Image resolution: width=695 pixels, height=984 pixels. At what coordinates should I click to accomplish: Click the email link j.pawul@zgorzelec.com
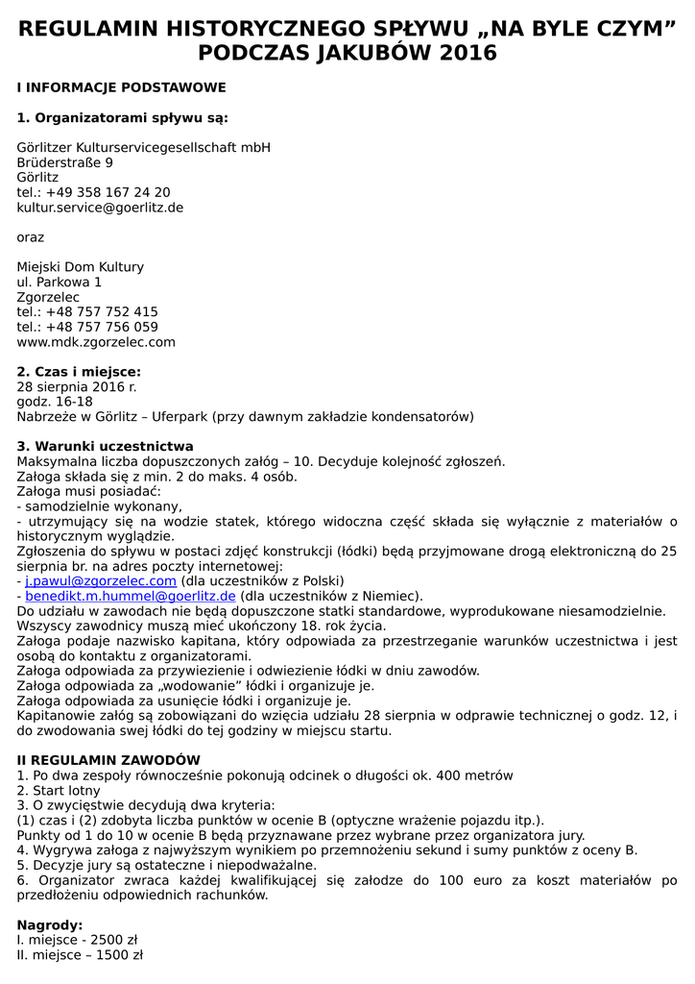click(x=101, y=581)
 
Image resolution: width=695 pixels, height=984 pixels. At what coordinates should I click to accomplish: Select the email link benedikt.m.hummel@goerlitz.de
click(x=131, y=597)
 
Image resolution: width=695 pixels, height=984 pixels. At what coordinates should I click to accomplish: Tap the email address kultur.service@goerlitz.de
click(x=100, y=208)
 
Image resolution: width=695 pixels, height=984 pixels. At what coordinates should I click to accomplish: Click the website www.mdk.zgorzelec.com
click(x=96, y=342)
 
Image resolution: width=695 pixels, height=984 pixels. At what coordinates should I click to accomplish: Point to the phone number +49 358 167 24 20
click(x=108, y=192)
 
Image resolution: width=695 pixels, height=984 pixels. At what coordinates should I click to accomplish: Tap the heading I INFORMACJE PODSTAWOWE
click(x=121, y=87)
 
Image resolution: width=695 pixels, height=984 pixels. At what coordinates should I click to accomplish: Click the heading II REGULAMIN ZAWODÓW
click(x=108, y=760)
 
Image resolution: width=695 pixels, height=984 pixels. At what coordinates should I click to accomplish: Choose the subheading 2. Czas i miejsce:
click(x=79, y=372)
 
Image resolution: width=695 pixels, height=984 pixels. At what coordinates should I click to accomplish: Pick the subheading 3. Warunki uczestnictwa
click(x=106, y=447)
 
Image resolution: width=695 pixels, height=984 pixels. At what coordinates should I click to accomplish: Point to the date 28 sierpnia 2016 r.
click(x=77, y=386)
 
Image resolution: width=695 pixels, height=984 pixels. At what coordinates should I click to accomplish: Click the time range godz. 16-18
click(x=55, y=402)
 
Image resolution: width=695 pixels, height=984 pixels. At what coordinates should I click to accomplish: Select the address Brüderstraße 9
click(x=64, y=162)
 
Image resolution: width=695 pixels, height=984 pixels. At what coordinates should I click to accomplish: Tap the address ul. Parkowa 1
click(x=60, y=283)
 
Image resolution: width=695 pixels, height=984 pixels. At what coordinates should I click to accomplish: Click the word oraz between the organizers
click(x=31, y=237)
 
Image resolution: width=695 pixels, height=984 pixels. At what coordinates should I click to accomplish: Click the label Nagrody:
click(x=50, y=924)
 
